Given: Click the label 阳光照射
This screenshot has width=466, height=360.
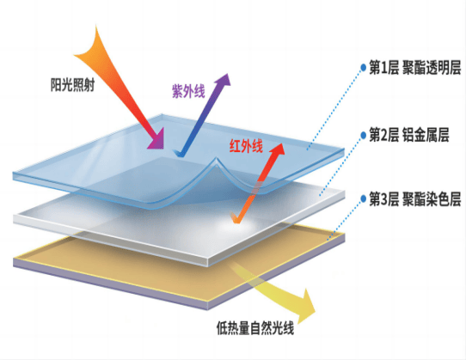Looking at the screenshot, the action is coord(72,85).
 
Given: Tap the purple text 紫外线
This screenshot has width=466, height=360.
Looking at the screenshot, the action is coord(188,91).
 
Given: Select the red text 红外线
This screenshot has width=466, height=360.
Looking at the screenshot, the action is coord(246,146).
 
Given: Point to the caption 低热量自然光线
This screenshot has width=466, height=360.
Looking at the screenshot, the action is coord(255,328).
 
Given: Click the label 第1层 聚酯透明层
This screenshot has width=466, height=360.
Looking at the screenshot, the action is coord(415,67).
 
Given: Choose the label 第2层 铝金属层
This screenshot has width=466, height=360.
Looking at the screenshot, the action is coord(409,135).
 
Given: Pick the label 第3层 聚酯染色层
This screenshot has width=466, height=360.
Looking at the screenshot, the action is coord(415,198).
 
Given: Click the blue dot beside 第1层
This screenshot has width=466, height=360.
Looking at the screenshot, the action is coord(363,67).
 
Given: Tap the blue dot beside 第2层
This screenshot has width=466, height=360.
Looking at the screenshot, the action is coord(363,135).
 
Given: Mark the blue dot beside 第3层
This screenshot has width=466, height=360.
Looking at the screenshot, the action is coord(363,198).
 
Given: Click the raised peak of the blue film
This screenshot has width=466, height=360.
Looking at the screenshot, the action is coord(217,158).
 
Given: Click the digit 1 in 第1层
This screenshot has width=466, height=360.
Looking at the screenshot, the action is coord(383,68).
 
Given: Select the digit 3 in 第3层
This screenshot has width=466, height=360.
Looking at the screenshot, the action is coord(383,199).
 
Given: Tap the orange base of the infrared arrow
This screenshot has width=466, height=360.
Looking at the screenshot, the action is coord(236,219).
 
